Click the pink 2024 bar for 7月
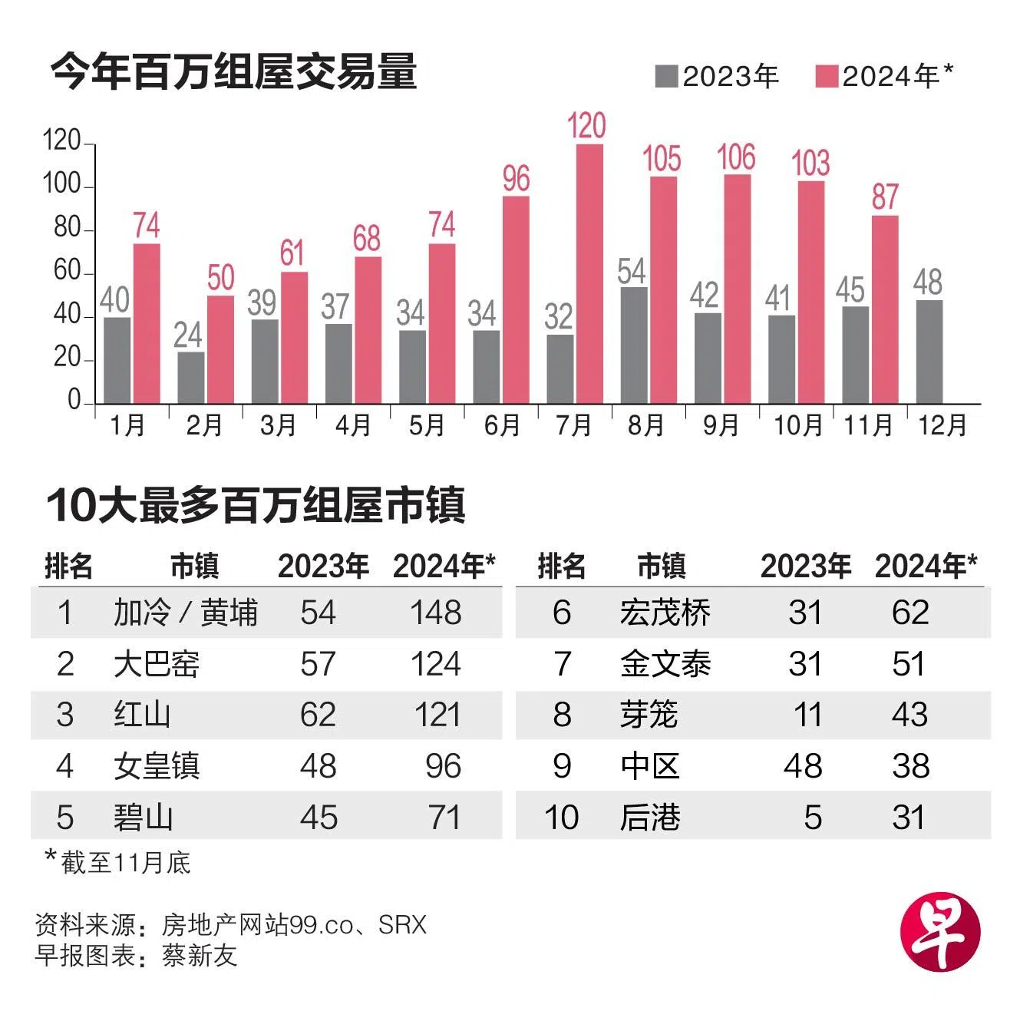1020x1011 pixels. pos(589,273)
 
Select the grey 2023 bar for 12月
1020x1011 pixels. pos(929,352)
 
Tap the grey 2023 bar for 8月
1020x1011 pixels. pos(634,345)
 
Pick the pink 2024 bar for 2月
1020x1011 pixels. pos(220,349)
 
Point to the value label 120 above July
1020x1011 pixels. pos(587,126)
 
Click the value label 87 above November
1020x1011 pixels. pos(884,197)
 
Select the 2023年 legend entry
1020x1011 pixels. pos(718,76)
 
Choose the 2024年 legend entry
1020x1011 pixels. pos(884,76)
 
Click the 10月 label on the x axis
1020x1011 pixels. pos(797,425)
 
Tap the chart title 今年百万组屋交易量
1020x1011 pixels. pos(234,72)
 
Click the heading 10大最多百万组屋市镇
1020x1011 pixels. pos(256,505)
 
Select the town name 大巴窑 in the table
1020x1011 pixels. pos(157,664)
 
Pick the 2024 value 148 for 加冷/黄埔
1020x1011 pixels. pos(435,613)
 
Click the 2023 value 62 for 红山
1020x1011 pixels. pos(319,715)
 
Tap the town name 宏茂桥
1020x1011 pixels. pos(665,613)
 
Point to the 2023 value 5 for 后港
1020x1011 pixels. pos(813,818)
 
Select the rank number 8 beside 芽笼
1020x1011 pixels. pos(562,715)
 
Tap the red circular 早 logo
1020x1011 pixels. pos(940,931)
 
